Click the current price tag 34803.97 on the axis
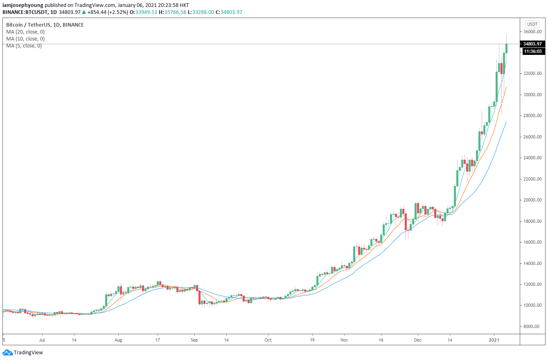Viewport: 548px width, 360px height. click(532, 44)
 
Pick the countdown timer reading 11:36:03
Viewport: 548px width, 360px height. click(532, 51)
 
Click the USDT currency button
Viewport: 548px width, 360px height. click(532, 24)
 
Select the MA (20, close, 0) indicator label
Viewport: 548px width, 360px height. click(25, 32)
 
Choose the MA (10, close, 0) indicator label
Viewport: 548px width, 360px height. click(25, 39)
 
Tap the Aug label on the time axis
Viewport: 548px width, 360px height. click(118, 340)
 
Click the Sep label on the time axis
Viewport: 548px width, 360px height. click(194, 340)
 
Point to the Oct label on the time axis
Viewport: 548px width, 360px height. click(268, 340)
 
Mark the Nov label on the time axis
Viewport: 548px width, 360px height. click(344, 340)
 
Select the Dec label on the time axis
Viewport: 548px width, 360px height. click(418, 340)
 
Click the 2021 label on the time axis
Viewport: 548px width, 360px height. click(494, 340)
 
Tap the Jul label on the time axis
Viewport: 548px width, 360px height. click(42, 340)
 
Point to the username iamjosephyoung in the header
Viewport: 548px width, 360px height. click(23, 5)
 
